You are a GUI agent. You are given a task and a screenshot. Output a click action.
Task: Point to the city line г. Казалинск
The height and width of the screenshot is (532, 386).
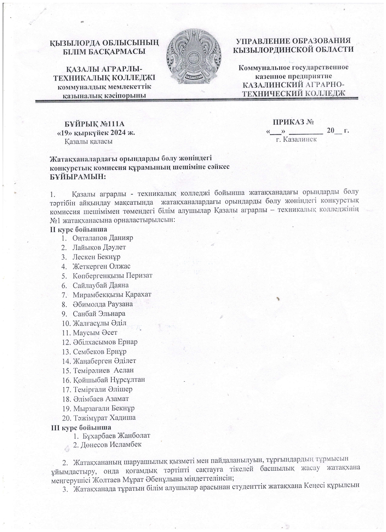296,139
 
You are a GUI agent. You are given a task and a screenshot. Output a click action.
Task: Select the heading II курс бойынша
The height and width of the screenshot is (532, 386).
78,229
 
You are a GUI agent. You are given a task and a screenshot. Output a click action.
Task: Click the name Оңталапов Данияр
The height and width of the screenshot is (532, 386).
103,238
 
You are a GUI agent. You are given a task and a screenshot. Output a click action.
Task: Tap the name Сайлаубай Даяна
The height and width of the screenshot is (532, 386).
101,285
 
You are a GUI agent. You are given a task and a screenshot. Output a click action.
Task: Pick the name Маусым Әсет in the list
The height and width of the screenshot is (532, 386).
95,333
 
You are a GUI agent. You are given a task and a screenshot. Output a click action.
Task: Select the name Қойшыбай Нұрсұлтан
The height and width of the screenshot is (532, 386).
109,380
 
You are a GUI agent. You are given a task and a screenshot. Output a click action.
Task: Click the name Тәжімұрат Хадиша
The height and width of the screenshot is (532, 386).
104,417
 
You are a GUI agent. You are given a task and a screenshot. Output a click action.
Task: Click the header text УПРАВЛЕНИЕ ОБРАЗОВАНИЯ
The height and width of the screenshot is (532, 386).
293,41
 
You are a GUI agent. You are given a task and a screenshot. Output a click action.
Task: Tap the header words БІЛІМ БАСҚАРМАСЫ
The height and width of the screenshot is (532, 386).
104,52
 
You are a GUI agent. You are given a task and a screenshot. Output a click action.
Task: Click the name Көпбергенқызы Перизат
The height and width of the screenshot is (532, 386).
112,276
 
